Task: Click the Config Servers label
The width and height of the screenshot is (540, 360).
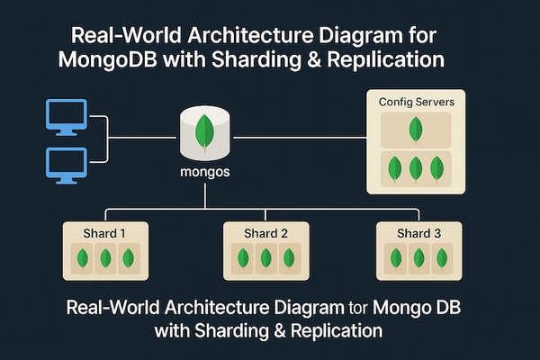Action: pos(415,103)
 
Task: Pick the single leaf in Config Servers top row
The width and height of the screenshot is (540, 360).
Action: pos(415,130)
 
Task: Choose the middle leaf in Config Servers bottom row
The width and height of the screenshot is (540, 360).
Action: pos(415,168)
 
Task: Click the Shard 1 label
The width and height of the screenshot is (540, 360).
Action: pos(104,233)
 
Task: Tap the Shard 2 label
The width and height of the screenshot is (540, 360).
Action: pos(266,233)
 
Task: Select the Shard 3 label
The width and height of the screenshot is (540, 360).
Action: pos(419,233)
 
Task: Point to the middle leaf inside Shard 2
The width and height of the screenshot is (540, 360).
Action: pos(266,258)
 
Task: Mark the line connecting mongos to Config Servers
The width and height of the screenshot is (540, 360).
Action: pos(297,139)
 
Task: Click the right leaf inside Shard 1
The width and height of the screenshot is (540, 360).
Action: pos(126,258)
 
